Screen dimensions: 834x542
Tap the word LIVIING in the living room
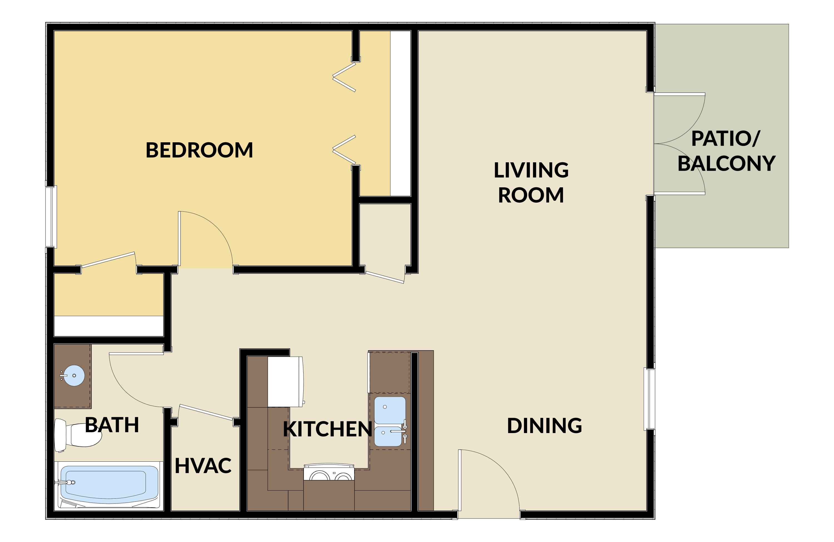[x=531, y=170]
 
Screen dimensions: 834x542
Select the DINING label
[x=545, y=426]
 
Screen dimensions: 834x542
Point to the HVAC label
[x=203, y=466]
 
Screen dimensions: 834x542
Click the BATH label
[x=112, y=425]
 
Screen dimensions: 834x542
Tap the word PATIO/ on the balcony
[x=725, y=138]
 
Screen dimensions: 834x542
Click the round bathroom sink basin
[x=74, y=376]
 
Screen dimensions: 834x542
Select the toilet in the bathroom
[x=78, y=435]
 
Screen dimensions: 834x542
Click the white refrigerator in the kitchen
[x=285, y=382]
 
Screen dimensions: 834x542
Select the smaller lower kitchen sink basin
[x=388, y=436]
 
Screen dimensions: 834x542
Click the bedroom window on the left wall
[x=51, y=217]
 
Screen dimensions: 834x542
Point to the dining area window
[x=649, y=399]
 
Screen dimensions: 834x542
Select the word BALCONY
[x=726, y=164]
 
